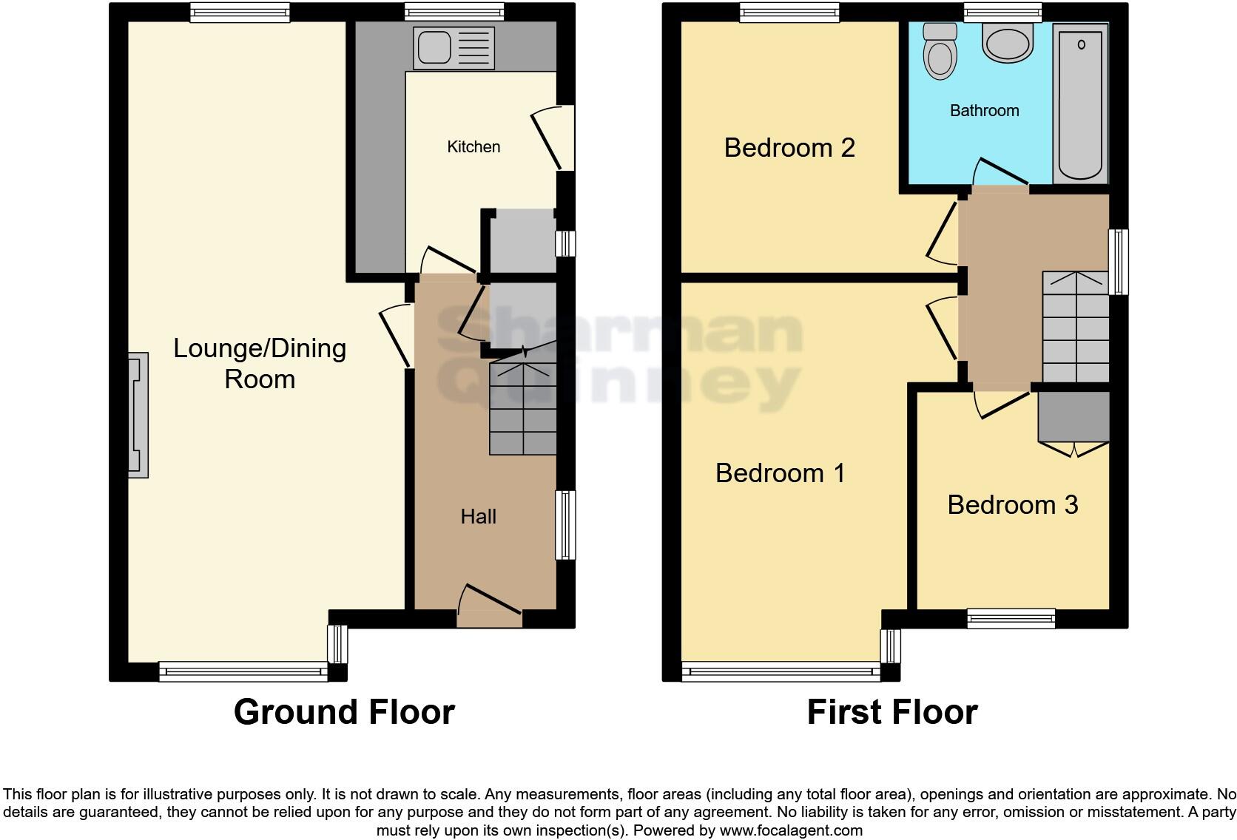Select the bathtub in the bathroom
[x=1080, y=104]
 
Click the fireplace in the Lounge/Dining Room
[x=138, y=415]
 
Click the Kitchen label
[x=473, y=147]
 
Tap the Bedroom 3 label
[x=1012, y=505]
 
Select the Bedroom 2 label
[x=789, y=148]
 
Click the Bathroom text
[x=984, y=111]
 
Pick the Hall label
[x=478, y=517]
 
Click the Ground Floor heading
[x=344, y=712]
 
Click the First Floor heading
[x=891, y=712]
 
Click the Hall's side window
[x=565, y=525]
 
